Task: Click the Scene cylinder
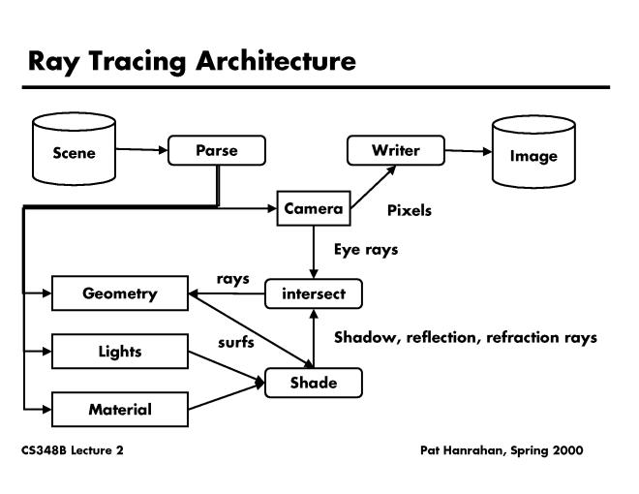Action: click(74, 152)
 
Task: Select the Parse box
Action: click(216, 150)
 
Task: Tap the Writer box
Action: click(395, 150)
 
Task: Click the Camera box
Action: click(313, 209)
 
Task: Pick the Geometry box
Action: click(119, 293)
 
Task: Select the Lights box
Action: click(119, 351)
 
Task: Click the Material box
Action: click(119, 409)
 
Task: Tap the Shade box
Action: click(314, 383)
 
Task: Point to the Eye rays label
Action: click(366, 249)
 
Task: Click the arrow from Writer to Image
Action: click(468, 151)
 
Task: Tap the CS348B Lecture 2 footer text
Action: click(73, 450)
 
